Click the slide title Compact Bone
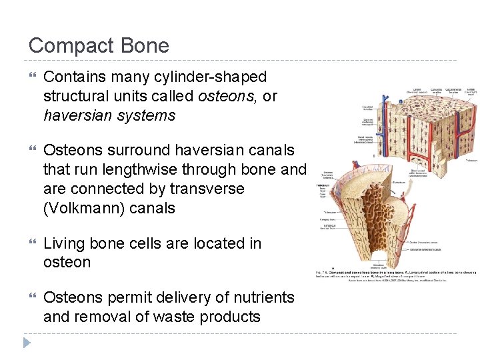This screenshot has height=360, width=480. tap(99, 45)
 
